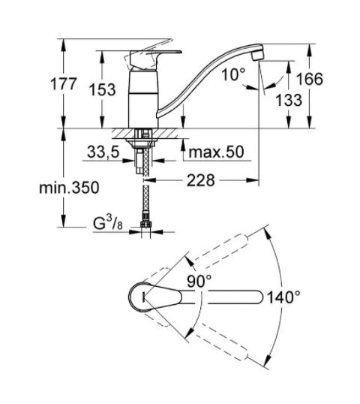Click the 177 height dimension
coord(64,84)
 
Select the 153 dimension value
coord(102,89)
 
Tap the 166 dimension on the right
coord(310,79)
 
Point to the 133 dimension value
coord(289,100)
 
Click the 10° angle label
coord(233,74)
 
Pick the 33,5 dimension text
coord(103,152)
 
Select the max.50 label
coord(216,152)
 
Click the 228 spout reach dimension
coord(200,180)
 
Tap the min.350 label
coord(69,187)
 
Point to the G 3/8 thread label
coord(108,223)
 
